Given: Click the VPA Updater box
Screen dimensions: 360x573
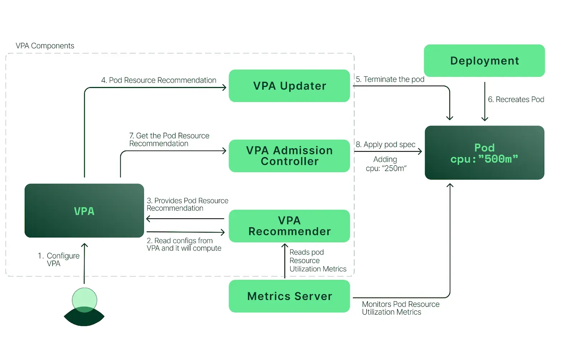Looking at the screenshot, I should [289, 86].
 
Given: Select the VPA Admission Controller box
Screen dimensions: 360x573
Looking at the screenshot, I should [289, 156].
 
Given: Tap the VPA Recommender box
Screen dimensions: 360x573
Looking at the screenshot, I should [289, 226].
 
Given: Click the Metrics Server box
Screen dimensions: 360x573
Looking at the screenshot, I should [289, 296].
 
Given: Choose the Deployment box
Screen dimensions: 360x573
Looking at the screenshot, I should [484, 60].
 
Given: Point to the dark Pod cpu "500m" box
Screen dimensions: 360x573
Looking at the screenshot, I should [484, 153].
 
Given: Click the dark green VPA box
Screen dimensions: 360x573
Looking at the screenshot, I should [84, 211].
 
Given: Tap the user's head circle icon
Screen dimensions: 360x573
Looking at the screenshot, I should [85, 300].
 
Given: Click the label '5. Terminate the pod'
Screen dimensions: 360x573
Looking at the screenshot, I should [390, 79].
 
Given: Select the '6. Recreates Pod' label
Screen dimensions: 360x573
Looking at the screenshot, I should [516, 99].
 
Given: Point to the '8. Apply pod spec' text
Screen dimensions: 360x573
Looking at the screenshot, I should [386, 145].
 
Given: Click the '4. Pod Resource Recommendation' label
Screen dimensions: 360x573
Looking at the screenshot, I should [159, 80].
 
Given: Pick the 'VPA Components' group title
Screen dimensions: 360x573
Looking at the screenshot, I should [45, 46].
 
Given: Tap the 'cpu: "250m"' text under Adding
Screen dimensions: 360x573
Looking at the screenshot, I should [386, 169].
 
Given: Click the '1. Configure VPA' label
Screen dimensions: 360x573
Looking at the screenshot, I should [59, 259].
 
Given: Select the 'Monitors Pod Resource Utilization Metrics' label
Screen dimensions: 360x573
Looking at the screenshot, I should [400, 308].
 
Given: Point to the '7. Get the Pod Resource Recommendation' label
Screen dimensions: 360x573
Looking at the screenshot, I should [169, 140].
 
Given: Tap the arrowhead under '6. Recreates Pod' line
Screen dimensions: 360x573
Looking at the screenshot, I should [485, 119].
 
